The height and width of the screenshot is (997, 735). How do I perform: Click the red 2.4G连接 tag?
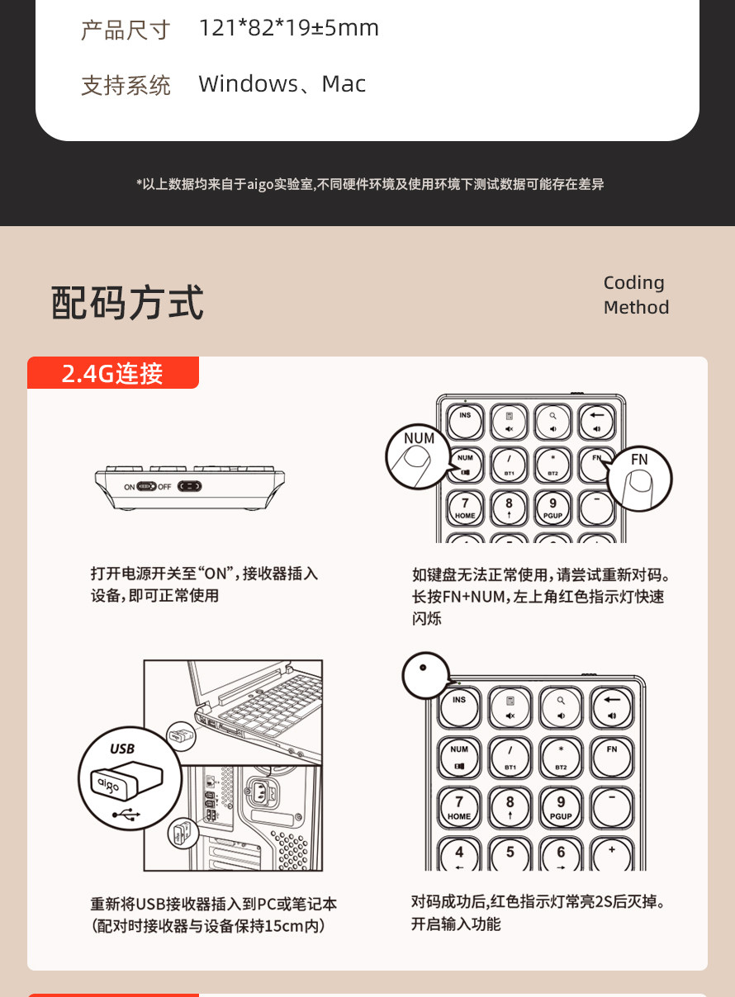click(112, 372)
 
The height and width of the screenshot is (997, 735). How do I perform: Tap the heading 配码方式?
click(128, 303)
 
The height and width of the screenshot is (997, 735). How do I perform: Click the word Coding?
click(634, 283)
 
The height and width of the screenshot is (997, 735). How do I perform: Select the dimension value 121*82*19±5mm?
click(289, 28)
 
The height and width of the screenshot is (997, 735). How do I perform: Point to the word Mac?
click(344, 83)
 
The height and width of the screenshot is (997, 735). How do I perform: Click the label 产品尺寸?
click(126, 31)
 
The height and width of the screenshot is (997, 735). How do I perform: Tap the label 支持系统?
click(126, 86)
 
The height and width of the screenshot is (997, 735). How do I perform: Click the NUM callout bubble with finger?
click(418, 456)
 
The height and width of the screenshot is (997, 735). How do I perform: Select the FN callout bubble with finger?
click(640, 479)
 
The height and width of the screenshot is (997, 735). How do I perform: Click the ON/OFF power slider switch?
click(146, 486)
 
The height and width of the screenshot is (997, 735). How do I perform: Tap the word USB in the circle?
click(122, 749)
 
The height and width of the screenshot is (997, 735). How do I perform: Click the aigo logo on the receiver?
click(109, 785)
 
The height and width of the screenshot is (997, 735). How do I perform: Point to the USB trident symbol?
click(126, 815)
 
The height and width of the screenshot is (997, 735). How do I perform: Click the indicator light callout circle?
click(425, 675)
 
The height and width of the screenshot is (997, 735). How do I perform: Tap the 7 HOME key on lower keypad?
click(459, 808)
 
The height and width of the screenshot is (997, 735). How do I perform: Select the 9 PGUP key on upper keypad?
click(552, 508)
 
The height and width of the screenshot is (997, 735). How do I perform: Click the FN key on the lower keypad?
click(612, 757)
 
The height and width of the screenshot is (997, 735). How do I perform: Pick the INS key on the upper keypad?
click(465, 421)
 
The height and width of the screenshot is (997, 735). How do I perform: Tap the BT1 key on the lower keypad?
click(510, 757)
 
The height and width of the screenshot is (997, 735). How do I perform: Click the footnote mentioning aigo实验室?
click(370, 184)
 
